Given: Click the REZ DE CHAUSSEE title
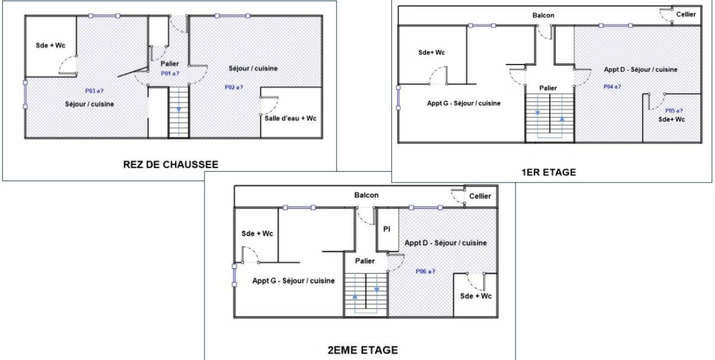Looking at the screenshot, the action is tap(171, 165).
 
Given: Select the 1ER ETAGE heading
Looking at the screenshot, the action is tap(549, 172).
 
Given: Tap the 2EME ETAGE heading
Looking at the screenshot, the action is tap(363, 350).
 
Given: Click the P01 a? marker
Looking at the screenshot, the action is tap(170, 73).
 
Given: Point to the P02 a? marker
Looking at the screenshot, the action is tap(234, 87).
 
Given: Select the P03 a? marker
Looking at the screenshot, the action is tap(94, 91).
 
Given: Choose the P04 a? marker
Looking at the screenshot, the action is tap(613, 86).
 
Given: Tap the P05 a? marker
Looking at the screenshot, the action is tap(674, 110).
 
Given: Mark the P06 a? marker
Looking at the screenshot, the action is tap(425, 271).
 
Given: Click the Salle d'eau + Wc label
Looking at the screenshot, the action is tap(291, 119).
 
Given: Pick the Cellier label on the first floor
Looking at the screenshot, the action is tap(686, 14).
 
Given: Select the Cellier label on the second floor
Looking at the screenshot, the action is tap(480, 196).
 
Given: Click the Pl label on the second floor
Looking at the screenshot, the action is tap(387, 229).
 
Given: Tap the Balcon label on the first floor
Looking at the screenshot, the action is tap(543, 15).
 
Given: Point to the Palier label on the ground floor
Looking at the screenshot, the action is tap(170, 64).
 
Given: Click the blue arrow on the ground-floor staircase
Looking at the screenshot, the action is tap(179, 110).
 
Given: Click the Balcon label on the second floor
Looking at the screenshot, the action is tap(366, 195).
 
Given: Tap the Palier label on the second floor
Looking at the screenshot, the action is tap(365, 261).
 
